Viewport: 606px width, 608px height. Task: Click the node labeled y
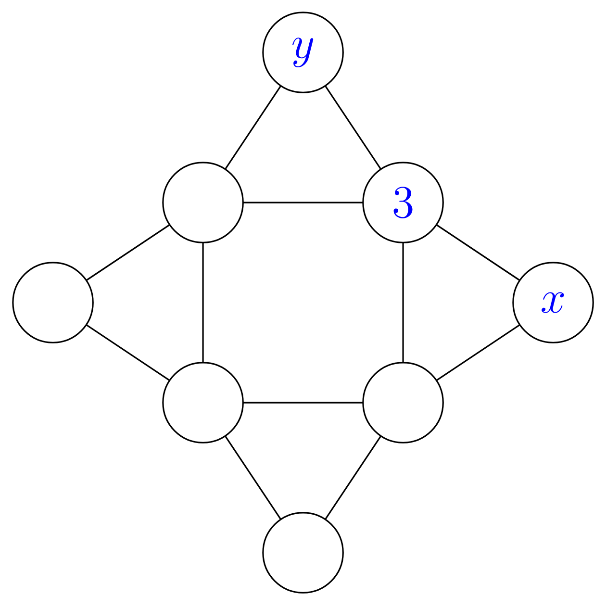coord(303,52)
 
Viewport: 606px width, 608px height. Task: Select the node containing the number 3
coord(403,202)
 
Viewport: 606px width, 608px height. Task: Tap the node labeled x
coord(553,302)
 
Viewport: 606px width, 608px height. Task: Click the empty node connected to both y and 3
coord(203,202)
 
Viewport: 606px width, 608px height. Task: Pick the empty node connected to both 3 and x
coord(403,402)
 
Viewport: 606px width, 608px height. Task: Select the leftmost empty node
coord(53,302)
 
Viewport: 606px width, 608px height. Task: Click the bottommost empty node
coord(303,553)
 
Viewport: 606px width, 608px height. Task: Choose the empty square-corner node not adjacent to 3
coord(203,402)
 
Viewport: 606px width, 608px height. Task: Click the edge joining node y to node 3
coord(353,127)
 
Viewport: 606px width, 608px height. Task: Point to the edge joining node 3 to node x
coord(478,253)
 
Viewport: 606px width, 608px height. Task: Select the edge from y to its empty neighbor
coord(253,127)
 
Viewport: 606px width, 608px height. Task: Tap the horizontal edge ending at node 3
coord(303,202)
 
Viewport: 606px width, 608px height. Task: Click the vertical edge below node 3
coord(403,302)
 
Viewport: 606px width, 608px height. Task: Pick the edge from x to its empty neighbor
coord(478,352)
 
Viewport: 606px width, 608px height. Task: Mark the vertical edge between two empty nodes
coord(203,302)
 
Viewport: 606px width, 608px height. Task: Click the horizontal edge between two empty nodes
coord(303,402)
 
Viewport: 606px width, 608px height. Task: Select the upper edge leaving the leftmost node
coord(128,253)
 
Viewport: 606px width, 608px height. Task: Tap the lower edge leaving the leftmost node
coord(128,352)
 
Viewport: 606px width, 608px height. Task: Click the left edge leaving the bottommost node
coord(253,477)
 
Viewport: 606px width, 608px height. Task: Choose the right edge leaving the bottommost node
coord(353,477)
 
